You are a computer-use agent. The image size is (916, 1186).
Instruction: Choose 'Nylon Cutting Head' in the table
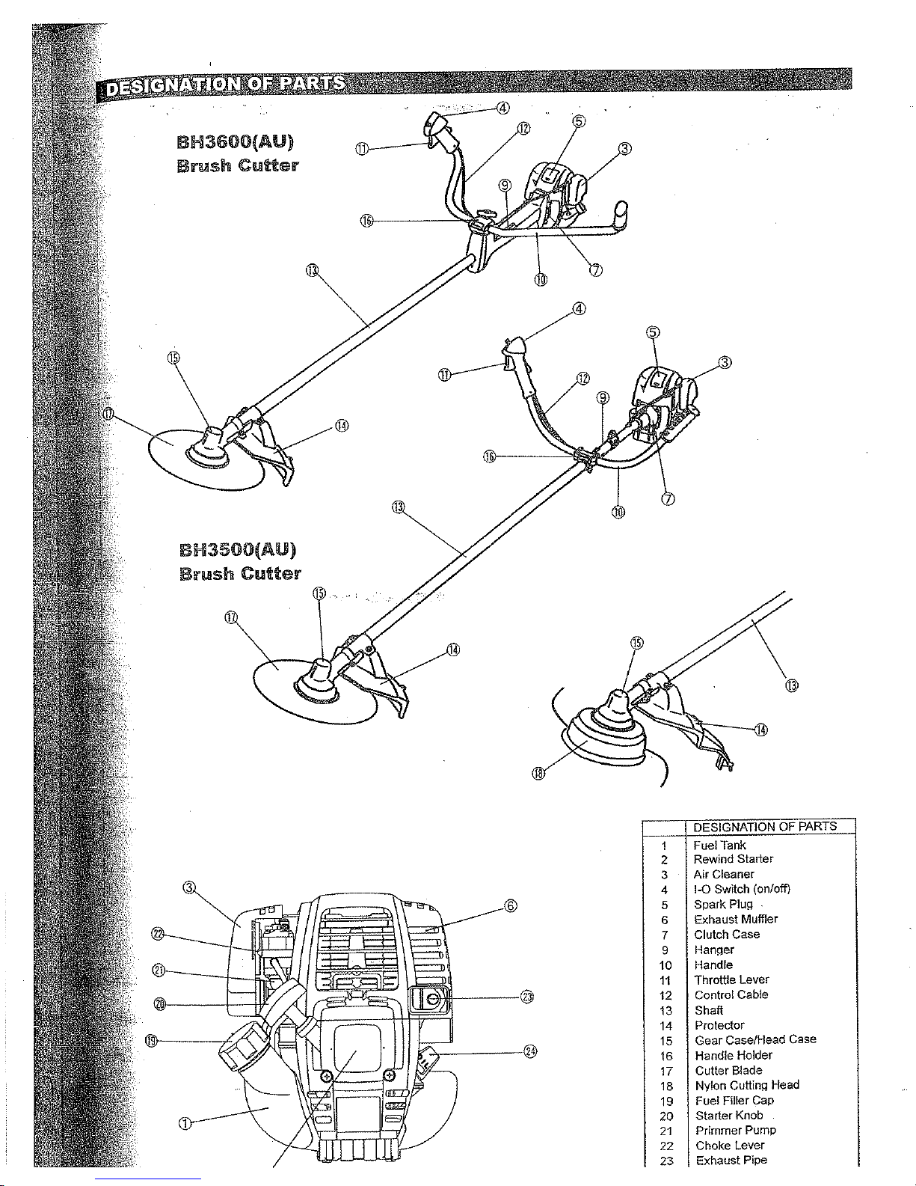click(746, 1085)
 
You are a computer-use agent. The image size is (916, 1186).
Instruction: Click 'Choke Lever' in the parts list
click(730, 1146)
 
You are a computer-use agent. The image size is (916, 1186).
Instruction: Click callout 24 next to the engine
click(531, 1051)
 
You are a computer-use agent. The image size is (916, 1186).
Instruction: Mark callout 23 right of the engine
click(528, 997)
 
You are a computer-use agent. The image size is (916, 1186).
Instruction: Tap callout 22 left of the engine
click(157, 933)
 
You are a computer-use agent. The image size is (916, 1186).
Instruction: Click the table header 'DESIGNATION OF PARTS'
click(764, 827)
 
